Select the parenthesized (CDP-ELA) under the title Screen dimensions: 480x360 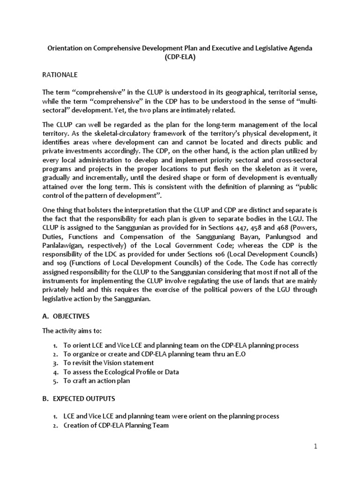pyautogui.click(x=180, y=58)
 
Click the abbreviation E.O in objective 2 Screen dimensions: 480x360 pyautogui.click(x=240, y=354)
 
